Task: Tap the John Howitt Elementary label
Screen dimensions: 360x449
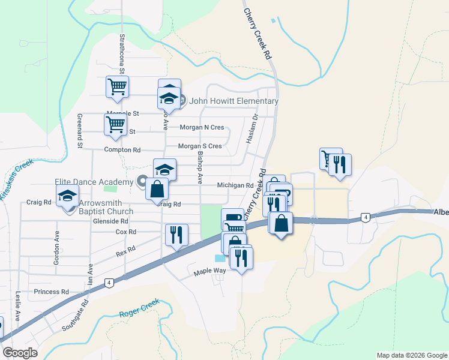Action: (234, 101)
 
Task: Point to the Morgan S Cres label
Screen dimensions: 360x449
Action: (200, 146)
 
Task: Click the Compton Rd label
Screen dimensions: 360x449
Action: (122, 150)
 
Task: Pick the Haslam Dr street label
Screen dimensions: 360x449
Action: (251, 129)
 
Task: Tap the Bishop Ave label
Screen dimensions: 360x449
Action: (200, 167)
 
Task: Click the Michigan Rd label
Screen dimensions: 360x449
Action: (235, 185)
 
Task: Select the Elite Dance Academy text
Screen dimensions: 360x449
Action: (93, 182)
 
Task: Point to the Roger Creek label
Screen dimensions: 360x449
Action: (139, 307)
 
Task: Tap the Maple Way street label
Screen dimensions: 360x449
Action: (209, 272)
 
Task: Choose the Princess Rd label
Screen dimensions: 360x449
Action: (51, 292)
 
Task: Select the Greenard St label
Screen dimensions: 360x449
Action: (79, 131)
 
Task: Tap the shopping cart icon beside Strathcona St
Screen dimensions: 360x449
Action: (117, 86)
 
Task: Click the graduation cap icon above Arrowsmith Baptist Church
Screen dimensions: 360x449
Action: (67, 195)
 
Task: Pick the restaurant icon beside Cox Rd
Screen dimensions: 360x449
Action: (176, 233)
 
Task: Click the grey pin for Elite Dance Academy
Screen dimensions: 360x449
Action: (142, 180)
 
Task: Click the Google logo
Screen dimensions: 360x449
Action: (20, 353)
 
